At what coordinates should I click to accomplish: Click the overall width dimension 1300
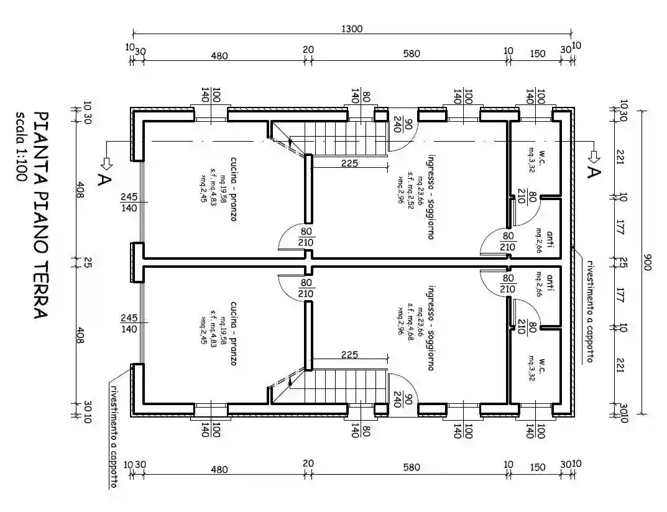click(x=352, y=28)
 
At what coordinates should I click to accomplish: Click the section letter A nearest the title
click(x=103, y=180)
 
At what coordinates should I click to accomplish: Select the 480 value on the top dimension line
click(x=219, y=55)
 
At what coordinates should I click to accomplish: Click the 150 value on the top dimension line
click(x=538, y=54)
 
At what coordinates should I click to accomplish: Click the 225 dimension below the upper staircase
click(x=349, y=164)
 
